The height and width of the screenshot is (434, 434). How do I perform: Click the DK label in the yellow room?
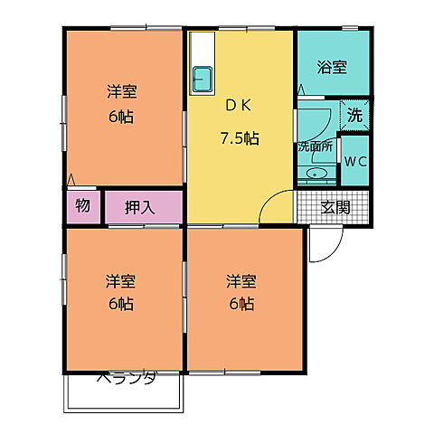pyautogui.click(x=239, y=105)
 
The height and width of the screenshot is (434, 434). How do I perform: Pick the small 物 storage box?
pyautogui.click(x=82, y=206)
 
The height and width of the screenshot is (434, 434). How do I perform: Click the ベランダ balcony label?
pyautogui.click(x=126, y=377)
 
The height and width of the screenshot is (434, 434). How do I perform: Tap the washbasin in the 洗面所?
pyautogui.click(x=317, y=174)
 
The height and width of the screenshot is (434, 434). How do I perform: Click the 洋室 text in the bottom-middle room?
pyautogui.click(x=241, y=280)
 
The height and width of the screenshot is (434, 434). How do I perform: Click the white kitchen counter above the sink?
pyautogui.click(x=202, y=50)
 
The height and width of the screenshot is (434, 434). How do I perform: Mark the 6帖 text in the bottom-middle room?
pyautogui.click(x=241, y=304)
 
